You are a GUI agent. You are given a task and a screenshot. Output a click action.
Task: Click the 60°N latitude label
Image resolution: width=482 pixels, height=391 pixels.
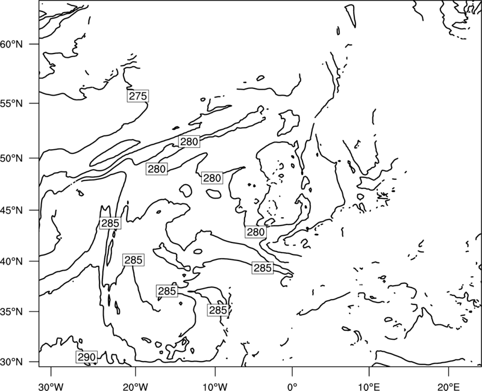(11, 44)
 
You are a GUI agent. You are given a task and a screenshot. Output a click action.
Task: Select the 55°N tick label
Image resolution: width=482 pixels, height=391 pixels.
(11, 103)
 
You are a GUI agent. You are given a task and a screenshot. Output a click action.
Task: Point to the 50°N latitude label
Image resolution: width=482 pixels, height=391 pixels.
(11, 158)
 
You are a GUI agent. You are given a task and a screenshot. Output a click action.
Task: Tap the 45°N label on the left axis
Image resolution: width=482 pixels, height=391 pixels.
(11, 210)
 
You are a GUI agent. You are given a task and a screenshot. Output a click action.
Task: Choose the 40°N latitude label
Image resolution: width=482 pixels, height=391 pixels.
(11, 261)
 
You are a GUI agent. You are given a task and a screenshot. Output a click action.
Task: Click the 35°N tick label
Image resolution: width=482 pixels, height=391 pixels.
(11, 312)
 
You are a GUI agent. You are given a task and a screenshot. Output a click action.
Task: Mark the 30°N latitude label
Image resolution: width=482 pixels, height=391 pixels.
(11, 362)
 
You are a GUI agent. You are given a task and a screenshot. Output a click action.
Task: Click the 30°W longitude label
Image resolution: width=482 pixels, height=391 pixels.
(51, 386)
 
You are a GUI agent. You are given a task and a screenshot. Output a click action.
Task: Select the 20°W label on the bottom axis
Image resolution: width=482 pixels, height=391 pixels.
(136, 386)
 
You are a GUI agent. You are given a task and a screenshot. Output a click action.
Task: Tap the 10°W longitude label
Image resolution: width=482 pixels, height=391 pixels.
(215, 386)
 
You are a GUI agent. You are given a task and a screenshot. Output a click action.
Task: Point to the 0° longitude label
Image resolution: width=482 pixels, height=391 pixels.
(292, 386)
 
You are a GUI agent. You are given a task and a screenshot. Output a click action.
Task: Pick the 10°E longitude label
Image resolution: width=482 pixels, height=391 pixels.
(369, 386)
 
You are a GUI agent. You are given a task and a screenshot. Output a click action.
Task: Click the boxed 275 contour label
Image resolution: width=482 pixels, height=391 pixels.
(138, 96)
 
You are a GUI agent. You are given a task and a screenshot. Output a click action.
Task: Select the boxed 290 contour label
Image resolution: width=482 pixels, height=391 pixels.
(87, 357)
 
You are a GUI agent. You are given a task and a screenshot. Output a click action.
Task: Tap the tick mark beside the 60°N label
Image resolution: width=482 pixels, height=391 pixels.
(34, 44)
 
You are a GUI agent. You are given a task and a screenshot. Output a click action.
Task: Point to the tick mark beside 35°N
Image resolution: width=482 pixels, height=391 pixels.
(34, 312)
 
